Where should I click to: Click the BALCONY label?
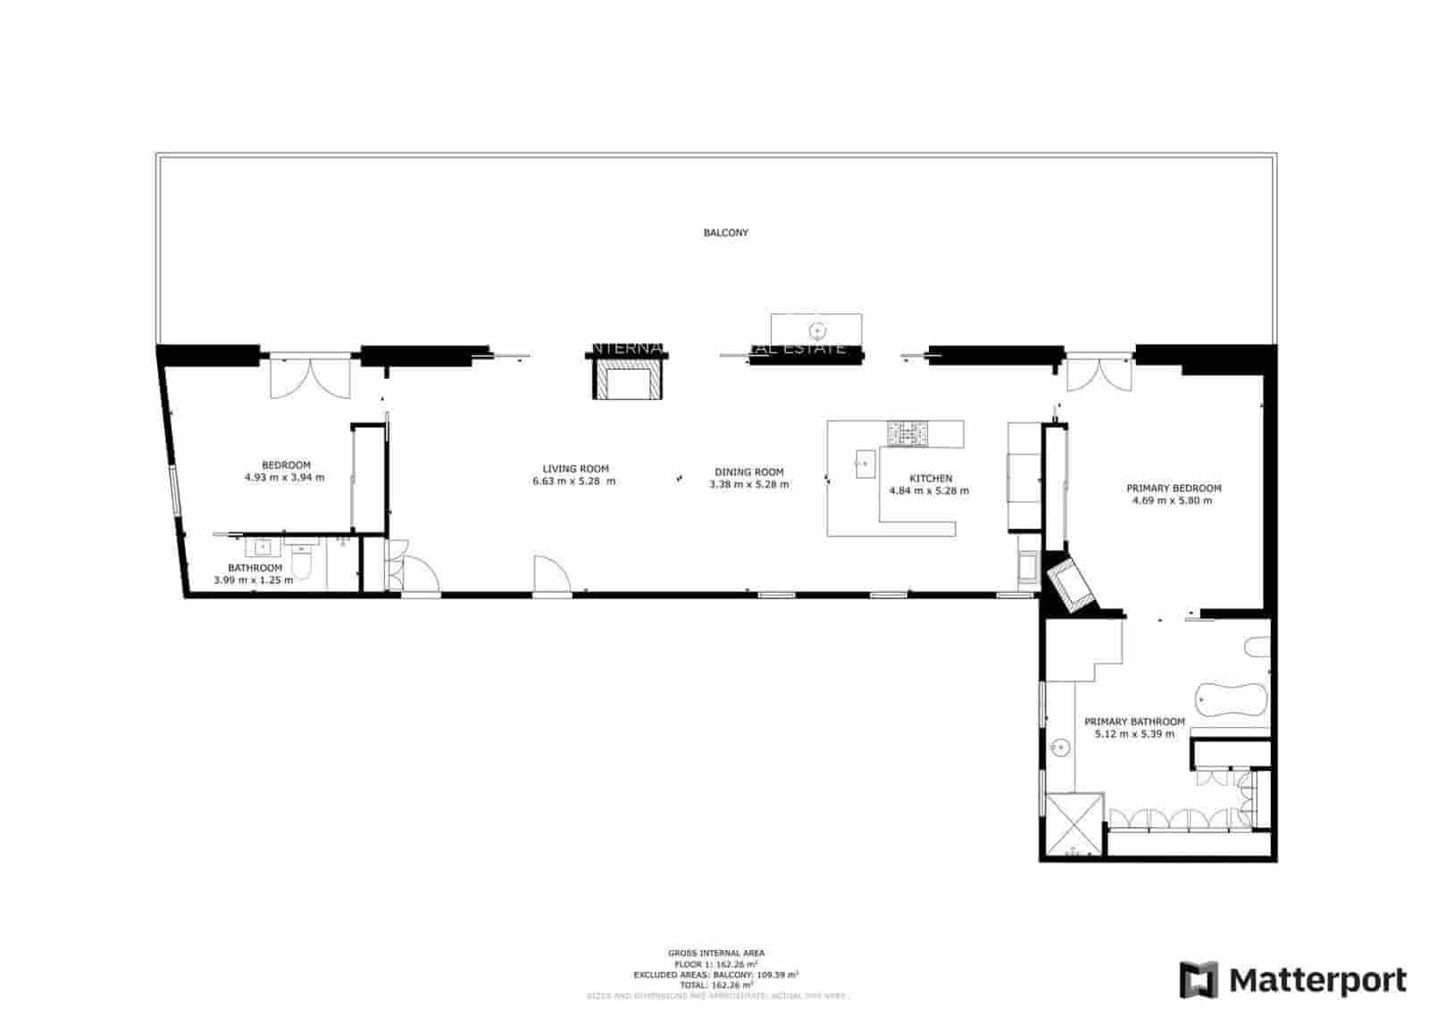pos(725,232)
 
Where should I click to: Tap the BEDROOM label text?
pos(286,464)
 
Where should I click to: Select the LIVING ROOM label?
pos(575,468)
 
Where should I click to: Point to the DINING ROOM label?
pos(748,472)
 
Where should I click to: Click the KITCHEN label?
pos(930,478)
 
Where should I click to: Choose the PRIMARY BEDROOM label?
pos(1173,489)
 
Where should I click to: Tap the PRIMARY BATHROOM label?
pos(1133,722)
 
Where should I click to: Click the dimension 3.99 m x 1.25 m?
pos(253,580)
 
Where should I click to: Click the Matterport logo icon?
pos(1199,980)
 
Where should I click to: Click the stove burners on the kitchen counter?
pos(907,433)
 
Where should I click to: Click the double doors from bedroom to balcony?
pos(310,375)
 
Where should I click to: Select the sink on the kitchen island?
pos(864,462)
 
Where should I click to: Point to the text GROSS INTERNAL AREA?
pos(715,953)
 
